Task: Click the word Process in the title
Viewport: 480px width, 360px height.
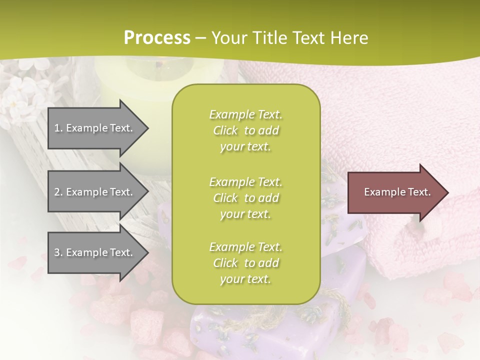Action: [157, 37]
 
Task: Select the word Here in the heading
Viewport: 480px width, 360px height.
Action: [348, 37]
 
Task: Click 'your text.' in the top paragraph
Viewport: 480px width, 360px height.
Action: [245, 147]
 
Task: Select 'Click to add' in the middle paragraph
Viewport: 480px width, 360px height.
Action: [245, 198]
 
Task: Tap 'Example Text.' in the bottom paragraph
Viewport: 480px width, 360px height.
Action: [245, 247]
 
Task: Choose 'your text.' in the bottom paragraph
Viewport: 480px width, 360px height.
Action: [245, 279]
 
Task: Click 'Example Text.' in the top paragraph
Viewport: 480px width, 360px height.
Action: [245, 114]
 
